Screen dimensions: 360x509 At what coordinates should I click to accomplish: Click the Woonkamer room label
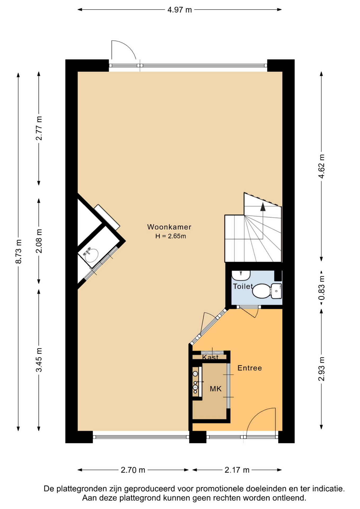[x=169, y=227]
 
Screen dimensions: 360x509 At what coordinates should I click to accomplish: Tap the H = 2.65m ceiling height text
[x=170, y=236]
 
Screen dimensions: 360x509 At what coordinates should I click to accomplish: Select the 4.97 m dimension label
[x=179, y=10]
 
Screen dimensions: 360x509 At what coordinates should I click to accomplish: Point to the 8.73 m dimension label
[x=19, y=251]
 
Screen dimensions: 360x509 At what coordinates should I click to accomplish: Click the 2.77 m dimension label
[x=39, y=128]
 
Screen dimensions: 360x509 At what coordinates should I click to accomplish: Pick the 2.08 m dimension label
[x=39, y=241]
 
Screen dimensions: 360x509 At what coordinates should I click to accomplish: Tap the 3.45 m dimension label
[x=39, y=360]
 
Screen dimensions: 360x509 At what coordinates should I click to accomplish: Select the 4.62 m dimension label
[x=321, y=166]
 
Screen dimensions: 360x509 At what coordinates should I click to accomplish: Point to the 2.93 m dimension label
[x=321, y=369]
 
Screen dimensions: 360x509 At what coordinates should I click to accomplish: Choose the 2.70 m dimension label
[x=133, y=470]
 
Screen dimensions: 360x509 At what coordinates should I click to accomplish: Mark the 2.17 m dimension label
[x=237, y=470]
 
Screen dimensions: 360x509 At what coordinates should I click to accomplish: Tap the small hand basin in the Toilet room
[x=241, y=275]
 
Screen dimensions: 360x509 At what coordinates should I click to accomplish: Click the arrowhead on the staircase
[x=263, y=207]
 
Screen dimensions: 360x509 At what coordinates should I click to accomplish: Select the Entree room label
[x=250, y=368]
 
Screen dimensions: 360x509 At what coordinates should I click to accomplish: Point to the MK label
[x=216, y=389]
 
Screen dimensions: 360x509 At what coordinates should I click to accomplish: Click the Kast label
[x=210, y=357]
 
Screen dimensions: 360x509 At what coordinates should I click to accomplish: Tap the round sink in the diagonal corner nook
[x=91, y=255]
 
